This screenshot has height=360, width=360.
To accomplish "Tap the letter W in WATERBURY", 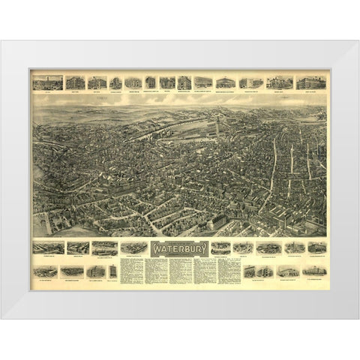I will click(155, 247).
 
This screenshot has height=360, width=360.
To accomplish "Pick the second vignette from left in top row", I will click(75, 82).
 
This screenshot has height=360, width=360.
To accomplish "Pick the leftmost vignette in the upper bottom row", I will click(44, 247).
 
